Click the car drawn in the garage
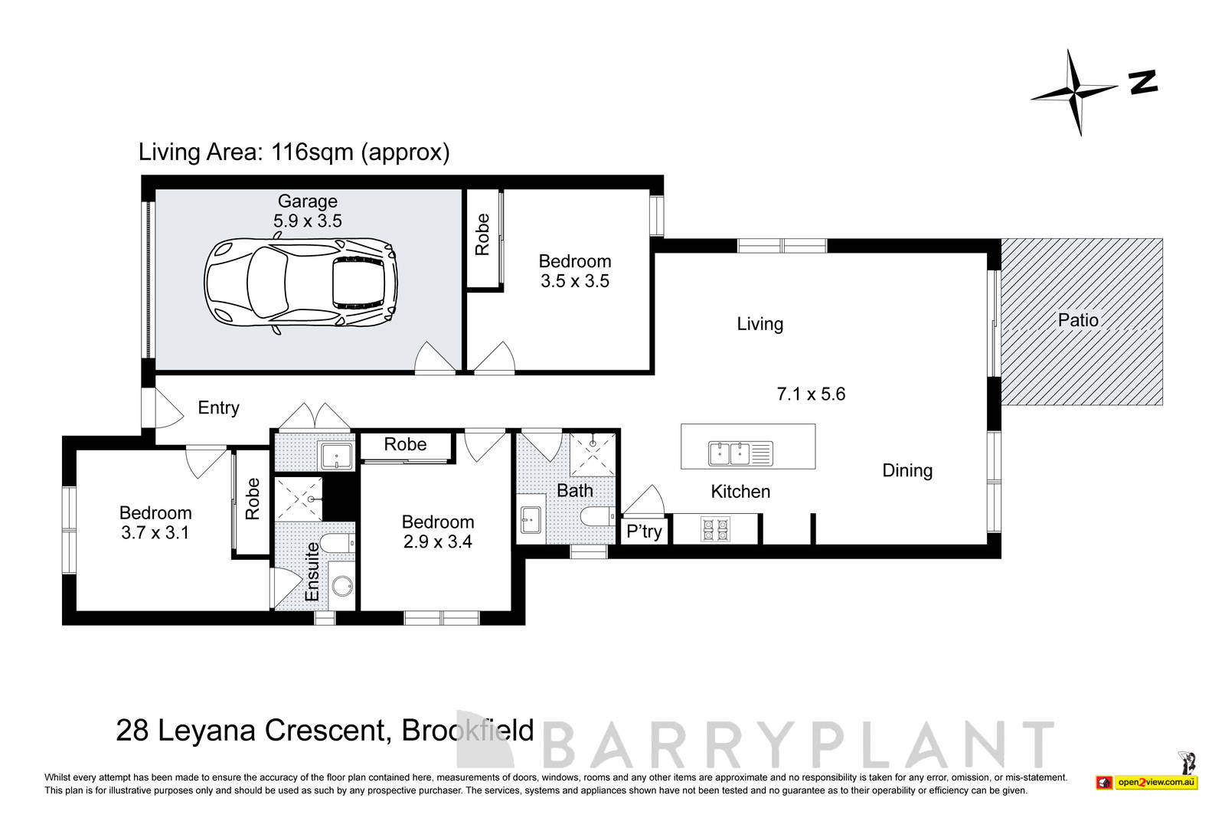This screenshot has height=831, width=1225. click(301, 284)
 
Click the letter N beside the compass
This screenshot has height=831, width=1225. click(1143, 82)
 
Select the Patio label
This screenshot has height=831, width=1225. click(1078, 320)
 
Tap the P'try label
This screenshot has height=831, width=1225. click(644, 531)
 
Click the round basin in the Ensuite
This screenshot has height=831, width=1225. click(341, 589)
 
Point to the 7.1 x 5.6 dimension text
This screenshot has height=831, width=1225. click(811, 394)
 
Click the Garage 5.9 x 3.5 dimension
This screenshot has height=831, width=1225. click(307, 221)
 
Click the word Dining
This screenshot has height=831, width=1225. click(907, 470)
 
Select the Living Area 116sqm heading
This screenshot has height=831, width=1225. click(294, 152)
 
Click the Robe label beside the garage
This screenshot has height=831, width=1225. click(482, 234)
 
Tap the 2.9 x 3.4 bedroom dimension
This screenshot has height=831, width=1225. click(438, 542)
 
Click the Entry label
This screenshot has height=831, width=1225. click(218, 407)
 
